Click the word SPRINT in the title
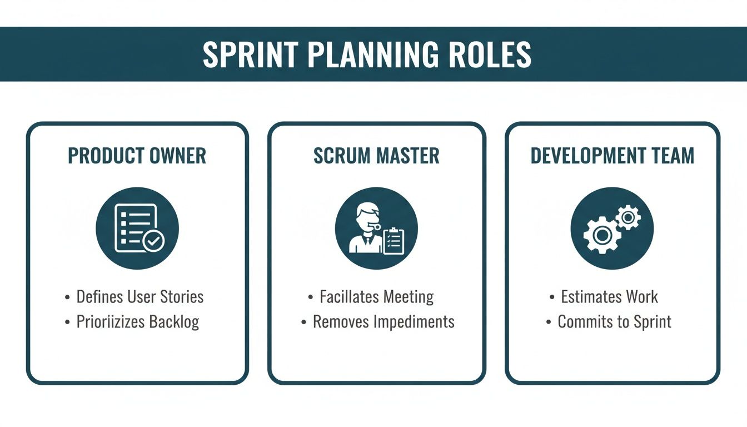pos(250,54)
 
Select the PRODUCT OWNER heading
pos(137,156)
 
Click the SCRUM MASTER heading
pos(376,156)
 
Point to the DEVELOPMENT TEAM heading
pos(612,156)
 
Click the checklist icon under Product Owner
pos(137,228)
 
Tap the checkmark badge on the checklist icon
pos(153,241)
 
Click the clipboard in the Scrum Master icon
pos(394,241)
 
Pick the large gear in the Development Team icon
pos(602,235)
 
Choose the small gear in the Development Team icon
pos(628,218)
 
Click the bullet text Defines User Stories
pos(140,296)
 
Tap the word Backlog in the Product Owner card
pos(174,322)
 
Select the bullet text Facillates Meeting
pos(376,296)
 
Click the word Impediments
pos(414,322)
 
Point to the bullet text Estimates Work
pos(609,296)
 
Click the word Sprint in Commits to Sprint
pos(653,322)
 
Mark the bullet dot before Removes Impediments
pos(304,322)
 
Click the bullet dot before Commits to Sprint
pos(549,322)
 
